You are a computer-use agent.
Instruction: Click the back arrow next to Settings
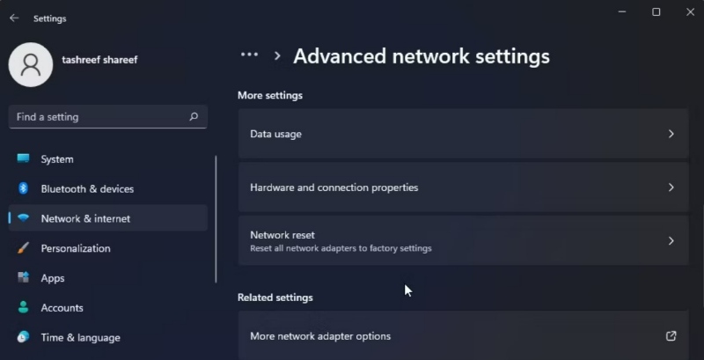14,18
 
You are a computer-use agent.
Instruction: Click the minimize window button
622,12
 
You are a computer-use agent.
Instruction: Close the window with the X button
691,12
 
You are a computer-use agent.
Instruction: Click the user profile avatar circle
31,64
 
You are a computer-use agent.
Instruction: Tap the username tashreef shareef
99,60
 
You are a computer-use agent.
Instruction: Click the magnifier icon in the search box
194,117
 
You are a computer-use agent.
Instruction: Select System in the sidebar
57,159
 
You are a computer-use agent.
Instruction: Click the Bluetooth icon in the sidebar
24,188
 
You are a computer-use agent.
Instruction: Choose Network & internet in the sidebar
85,218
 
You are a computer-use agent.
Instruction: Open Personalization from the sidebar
76,248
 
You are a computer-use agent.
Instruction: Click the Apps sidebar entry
53,278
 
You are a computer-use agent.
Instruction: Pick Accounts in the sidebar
62,308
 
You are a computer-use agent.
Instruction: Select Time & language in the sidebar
80,338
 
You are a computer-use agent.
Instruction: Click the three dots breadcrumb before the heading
249,55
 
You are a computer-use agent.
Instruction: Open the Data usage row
463,134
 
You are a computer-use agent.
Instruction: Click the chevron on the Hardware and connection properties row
671,187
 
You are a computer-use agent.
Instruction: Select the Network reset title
282,235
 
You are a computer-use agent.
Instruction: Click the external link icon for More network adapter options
671,335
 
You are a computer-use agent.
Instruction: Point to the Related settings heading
275,298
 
